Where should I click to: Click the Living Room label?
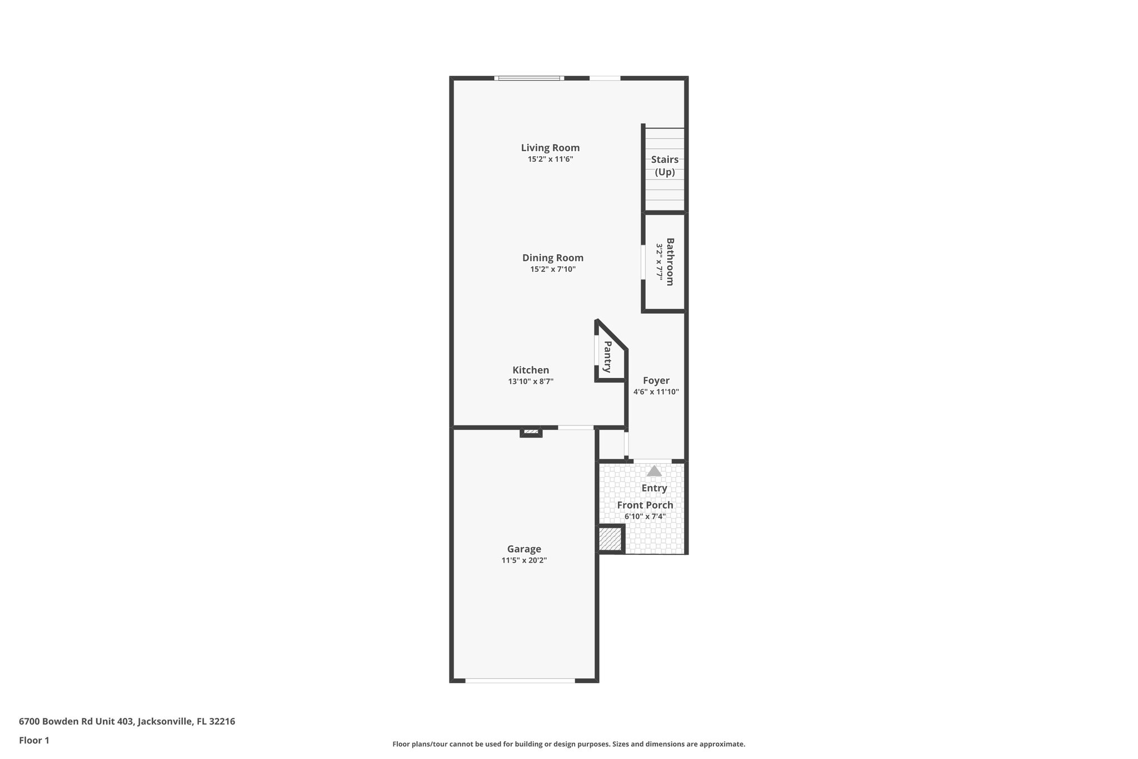pos(550,148)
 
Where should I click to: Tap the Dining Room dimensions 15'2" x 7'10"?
pos(552,270)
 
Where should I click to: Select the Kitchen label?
pos(531,370)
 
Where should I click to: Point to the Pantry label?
pos(607,356)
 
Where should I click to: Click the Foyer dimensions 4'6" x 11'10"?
pos(656,392)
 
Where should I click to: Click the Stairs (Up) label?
pos(665,166)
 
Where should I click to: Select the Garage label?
pos(524,549)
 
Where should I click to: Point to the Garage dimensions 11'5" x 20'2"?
pos(524,561)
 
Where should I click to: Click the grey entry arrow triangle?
pos(655,471)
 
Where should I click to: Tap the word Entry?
pos(654,488)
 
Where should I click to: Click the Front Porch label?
pos(645,505)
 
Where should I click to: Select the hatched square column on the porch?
pos(610,539)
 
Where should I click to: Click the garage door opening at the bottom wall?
pos(520,680)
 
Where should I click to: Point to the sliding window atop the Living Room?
pos(529,78)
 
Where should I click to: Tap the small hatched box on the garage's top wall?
pos(531,431)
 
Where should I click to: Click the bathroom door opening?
pos(643,262)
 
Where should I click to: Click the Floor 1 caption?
pos(34,741)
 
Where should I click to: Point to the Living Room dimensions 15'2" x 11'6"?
pos(550,160)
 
